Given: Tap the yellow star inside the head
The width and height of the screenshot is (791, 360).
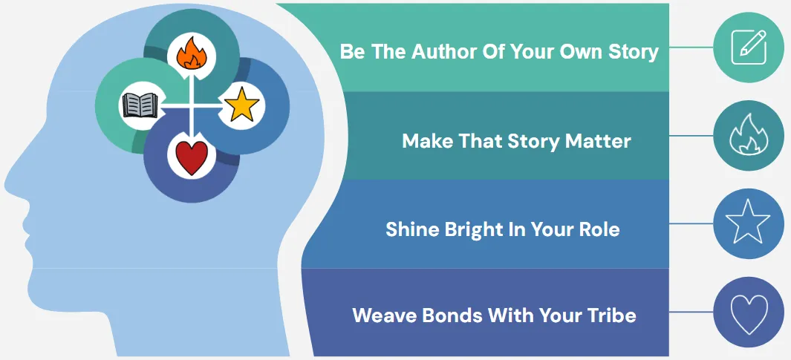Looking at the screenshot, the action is (241, 105).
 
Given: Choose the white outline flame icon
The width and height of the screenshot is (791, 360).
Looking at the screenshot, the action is (749, 134).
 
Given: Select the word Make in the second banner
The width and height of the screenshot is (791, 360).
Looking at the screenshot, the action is (425, 141).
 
